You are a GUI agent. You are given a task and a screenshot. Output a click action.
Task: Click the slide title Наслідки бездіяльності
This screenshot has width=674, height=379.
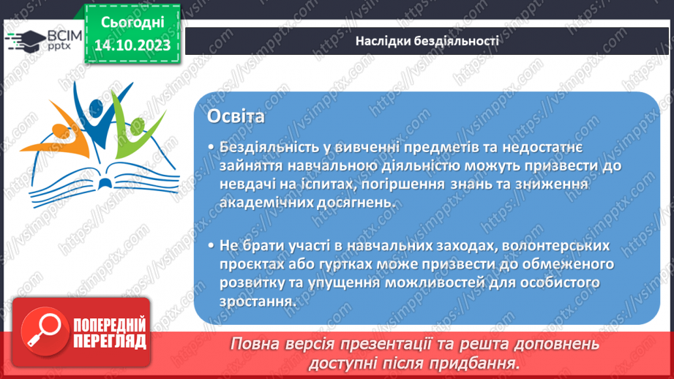tap(427, 41)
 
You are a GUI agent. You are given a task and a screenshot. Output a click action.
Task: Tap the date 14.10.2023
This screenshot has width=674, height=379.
tap(132, 46)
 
